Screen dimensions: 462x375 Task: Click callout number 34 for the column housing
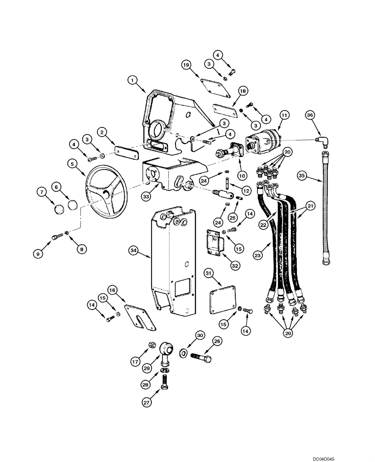[x=134, y=250]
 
